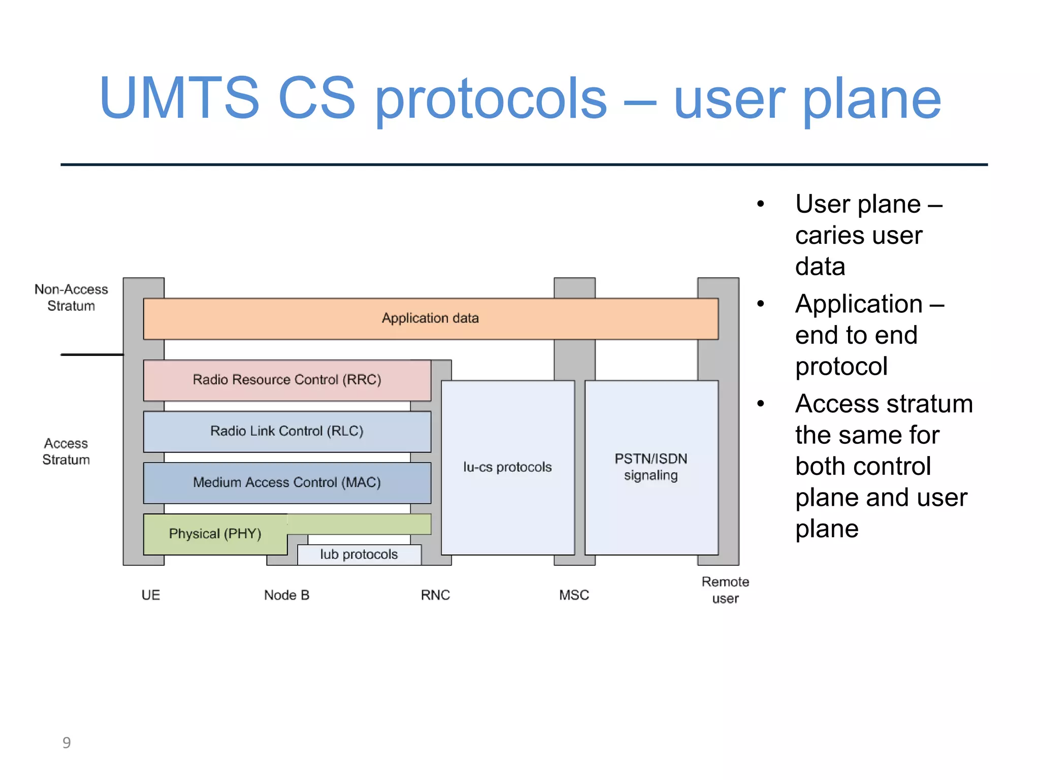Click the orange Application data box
point(430,318)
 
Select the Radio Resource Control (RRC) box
point(287,380)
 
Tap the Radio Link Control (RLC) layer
point(287,431)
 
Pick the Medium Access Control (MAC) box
point(287,482)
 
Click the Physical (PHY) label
point(215,534)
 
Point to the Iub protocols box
point(359,555)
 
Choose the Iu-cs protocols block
point(507,467)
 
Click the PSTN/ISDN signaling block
point(651,467)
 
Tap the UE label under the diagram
point(151,595)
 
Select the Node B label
point(286,595)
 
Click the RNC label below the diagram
point(435,595)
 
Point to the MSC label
point(574,595)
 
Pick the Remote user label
point(725,590)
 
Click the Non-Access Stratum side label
point(71,298)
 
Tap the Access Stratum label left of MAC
point(66,451)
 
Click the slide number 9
point(67,743)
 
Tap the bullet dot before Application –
point(760,304)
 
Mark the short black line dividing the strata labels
point(92,354)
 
